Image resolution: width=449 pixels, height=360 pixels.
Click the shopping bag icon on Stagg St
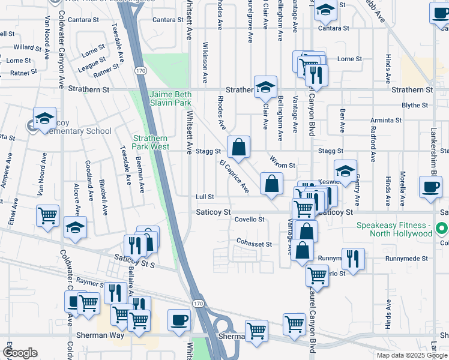coord(238,147)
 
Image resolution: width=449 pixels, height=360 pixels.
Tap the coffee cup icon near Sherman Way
coord(179,319)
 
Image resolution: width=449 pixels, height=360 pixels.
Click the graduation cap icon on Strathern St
coord(264,87)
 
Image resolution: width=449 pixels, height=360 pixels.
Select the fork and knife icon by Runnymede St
coord(353,259)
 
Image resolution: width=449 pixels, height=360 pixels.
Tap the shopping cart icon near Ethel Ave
coord(47,215)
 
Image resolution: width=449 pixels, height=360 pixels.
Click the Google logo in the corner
coord(20,352)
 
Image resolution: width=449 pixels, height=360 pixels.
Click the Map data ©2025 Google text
coord(412,355)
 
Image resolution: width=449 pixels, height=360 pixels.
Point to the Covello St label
coord(249,220)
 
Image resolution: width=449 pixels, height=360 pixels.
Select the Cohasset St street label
coord(254,244)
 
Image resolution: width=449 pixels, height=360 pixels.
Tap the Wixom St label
coord(282,164)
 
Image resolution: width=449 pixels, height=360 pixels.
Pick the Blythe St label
coord(414,105)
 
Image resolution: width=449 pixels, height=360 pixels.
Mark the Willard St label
coord(27,47)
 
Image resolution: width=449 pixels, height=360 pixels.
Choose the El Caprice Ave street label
coord(234,176)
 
